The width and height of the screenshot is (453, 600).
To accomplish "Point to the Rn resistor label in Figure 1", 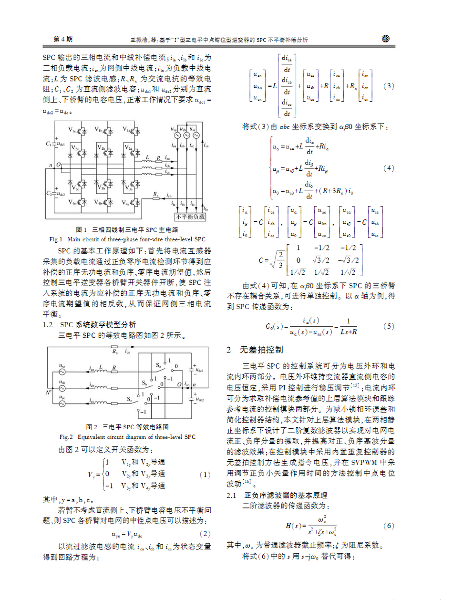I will (155, 193).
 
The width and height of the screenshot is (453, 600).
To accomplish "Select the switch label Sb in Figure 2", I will (144, 383).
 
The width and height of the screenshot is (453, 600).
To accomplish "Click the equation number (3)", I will (390, 86).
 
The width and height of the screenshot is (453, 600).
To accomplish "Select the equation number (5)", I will (389, 327).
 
